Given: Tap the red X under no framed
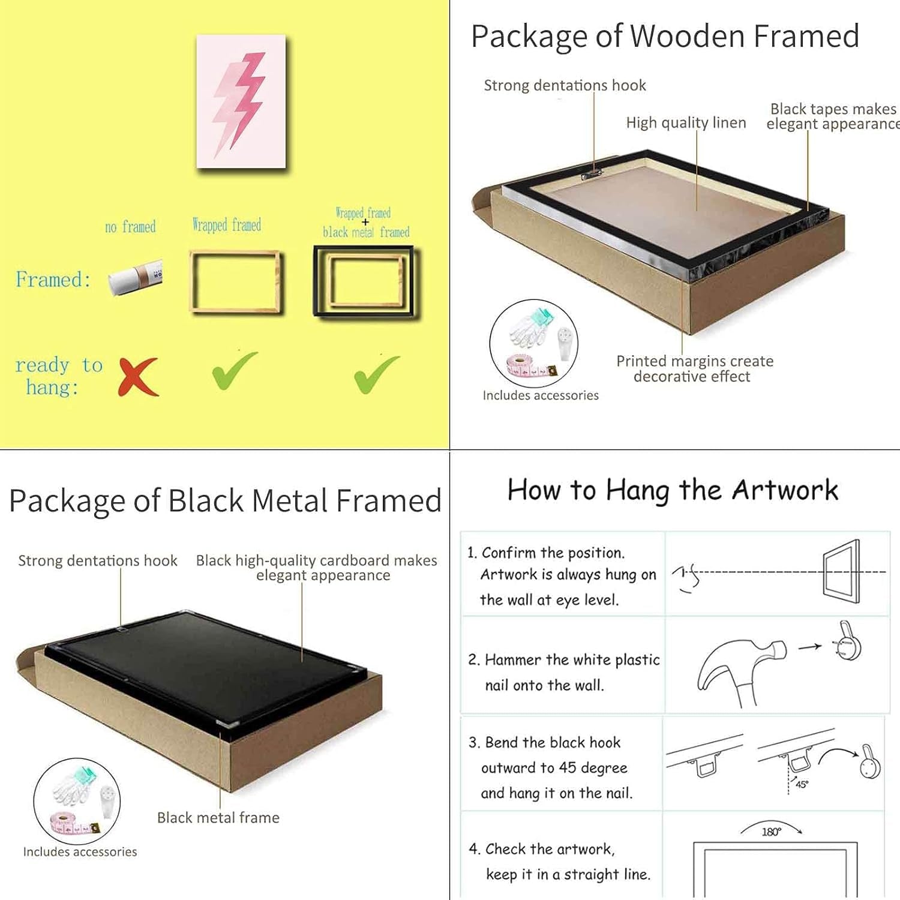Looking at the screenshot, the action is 139,377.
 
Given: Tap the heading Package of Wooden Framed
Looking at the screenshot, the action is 665,37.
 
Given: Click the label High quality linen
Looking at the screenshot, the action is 686,123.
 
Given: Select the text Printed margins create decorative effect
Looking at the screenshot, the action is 695,368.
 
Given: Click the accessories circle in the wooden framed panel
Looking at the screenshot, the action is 533,344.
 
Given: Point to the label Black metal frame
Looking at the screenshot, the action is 218,818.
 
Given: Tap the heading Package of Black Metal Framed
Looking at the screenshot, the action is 225,501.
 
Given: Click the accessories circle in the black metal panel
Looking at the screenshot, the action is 77,802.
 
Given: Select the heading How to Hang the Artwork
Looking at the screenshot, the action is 673,490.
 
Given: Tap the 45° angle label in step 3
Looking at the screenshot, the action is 802,784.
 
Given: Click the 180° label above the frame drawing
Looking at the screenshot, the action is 771,832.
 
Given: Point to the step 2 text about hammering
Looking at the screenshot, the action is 564,672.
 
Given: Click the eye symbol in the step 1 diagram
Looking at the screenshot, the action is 686,577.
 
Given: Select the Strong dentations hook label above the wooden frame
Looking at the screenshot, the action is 565,85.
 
